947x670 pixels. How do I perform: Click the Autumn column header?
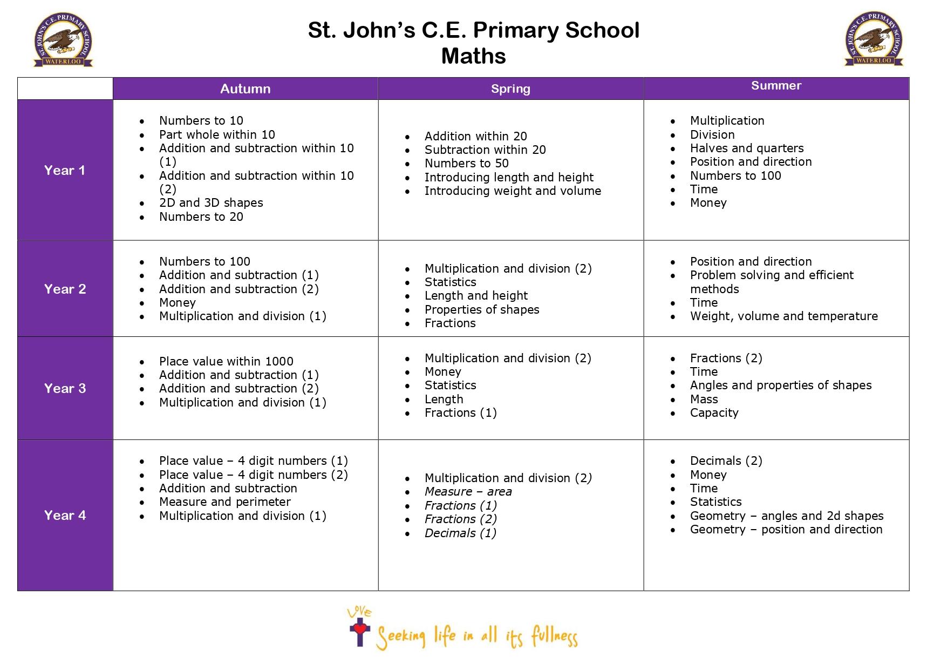pyautogui.click(x=245, y=89)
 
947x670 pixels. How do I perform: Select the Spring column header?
pyautogui.click(x=510, y=89)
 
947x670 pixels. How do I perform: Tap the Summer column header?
pyautogui.click(x=776, y=86)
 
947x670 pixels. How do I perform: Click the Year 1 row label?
pyautogui.click(x=65, y=171)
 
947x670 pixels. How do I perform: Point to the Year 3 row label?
pyautogui.click(x=65, y=389)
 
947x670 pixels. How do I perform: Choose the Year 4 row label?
pyautogui.click(x=65, y=516)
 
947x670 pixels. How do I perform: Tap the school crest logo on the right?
pyautogui.click(x=874, y=39)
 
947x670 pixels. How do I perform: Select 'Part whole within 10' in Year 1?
pyautogui.click(x=217, y=134)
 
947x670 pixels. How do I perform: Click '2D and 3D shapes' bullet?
pyautogui.click(x=211, y=203)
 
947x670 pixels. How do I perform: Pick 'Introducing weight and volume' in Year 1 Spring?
pyautogui.click(x=513, y=191)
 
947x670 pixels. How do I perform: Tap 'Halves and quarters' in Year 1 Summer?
pyautogui.click(x=747, y=148)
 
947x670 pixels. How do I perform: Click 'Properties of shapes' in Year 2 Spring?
pyautogui.click(x=482, y=310)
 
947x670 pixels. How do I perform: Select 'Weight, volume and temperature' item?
pyautogui.click(x=784, y=316)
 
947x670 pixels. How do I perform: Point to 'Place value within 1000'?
pyautogui.click(x=226, y=362)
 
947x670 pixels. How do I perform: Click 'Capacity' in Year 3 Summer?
pyautogui.click(x=714, y=413)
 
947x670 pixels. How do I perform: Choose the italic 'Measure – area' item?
pyautogui.click(x=468, y=492)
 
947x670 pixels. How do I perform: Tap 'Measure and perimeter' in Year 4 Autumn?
pyautogui.click(x=224, y=502)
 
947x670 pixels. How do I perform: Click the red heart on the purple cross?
pyautogui.click(x=360, y=628)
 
